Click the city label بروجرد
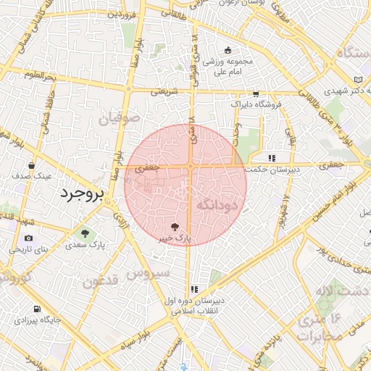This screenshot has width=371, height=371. tap(81, 193)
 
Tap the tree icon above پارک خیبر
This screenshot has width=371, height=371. tap(174, 225)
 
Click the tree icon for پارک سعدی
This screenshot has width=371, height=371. tap(86, 233)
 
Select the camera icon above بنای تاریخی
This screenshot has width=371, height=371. tap(28, 238)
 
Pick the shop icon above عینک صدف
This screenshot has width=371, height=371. tap(31, 164)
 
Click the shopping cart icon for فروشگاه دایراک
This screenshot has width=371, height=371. tap(255, 93)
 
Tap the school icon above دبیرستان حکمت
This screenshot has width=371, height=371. tap(272, 157)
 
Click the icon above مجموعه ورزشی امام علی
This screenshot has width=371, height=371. tap(228, 50)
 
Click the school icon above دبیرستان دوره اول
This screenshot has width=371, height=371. tap(194, 289)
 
